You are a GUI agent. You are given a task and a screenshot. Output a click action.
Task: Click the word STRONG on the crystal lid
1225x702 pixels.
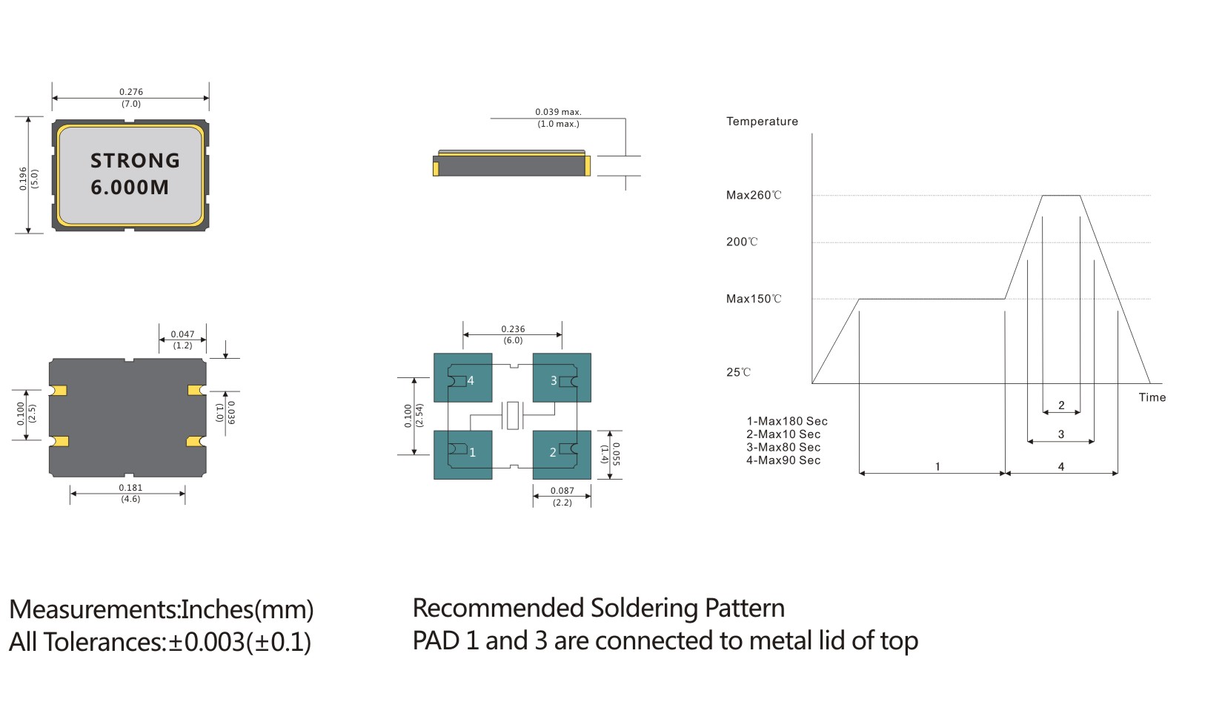(x=135, y=161)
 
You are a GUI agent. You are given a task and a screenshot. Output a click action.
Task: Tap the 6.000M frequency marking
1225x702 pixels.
(x=130, y=188)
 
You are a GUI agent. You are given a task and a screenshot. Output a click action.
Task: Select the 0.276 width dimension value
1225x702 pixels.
(x=131, y=92)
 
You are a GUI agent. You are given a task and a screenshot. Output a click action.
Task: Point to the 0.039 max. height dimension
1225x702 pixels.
(x=558, y=112)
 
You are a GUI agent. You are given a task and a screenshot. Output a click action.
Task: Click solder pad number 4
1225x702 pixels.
(x=463, y=378)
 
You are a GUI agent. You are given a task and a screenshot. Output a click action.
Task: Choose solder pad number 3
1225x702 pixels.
(x=562, y=378)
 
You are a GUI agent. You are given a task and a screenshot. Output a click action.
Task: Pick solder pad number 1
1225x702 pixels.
(x=463, y=454)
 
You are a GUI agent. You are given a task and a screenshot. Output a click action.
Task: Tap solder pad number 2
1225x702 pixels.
(x=562, y=454)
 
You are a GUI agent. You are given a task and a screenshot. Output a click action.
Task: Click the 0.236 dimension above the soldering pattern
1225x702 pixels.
(x=513, y=329)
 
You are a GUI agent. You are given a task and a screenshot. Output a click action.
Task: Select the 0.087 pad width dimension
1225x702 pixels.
(x=562, y=491)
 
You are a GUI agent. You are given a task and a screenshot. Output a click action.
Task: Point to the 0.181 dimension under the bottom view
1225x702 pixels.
(x=130, y=488)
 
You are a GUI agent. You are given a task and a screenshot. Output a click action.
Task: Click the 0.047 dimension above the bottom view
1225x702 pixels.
(x=182, y=334)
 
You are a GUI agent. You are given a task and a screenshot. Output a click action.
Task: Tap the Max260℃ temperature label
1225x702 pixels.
(x=754, y=196)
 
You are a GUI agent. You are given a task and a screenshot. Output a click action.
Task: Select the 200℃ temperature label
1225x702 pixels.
(x=742, y=242)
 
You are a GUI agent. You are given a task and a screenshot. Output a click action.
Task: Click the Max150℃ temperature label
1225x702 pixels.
(x=754, y=299)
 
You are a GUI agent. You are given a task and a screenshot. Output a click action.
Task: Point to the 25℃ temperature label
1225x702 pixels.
(x=738, y=373)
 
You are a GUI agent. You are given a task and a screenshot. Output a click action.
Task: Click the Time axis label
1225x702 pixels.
(x=1152, y=397)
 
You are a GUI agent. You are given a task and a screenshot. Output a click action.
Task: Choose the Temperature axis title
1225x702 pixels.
(x=762, y=122)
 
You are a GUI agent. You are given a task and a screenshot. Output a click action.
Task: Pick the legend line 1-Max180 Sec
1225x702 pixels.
(x=786, y=421)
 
